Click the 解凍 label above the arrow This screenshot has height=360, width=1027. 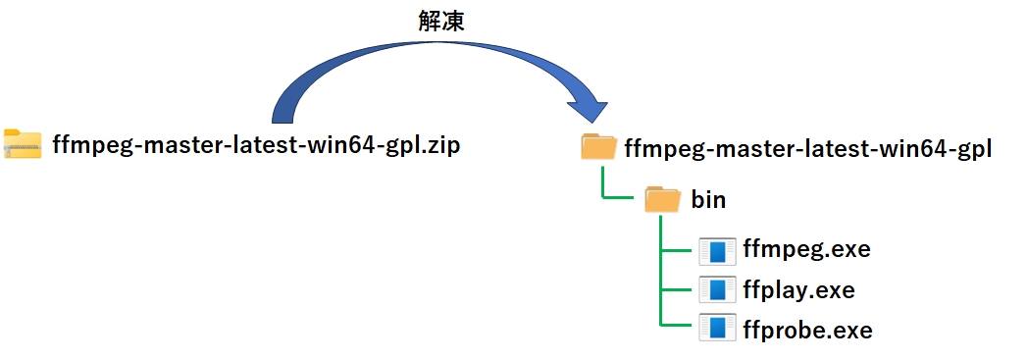(x=440, y=23)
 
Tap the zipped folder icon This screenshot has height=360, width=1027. (x=23, y=145)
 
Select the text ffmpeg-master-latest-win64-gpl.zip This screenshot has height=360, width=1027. (x=255, y=146)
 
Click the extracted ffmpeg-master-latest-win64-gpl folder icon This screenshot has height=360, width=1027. (x=598, y=148)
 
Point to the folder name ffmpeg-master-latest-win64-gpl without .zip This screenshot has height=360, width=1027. (x=809, y=149)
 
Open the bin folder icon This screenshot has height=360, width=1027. (x=663, y=200)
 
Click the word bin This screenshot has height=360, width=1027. (x=708, y=200)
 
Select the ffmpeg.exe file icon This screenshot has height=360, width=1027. (x=717, y=251)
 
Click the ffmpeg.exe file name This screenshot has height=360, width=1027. (x=807, y=249)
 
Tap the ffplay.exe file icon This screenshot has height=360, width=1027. (x=717, y=291)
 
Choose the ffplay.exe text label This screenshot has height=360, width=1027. (x=799, y=290)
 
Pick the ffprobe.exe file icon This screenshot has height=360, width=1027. (x=717, y=329)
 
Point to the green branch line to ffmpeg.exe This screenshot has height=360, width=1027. (x=679, y=250)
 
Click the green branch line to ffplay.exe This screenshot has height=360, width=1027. (x=679, y=289)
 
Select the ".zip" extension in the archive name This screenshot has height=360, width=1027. (x=442, y=146)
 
